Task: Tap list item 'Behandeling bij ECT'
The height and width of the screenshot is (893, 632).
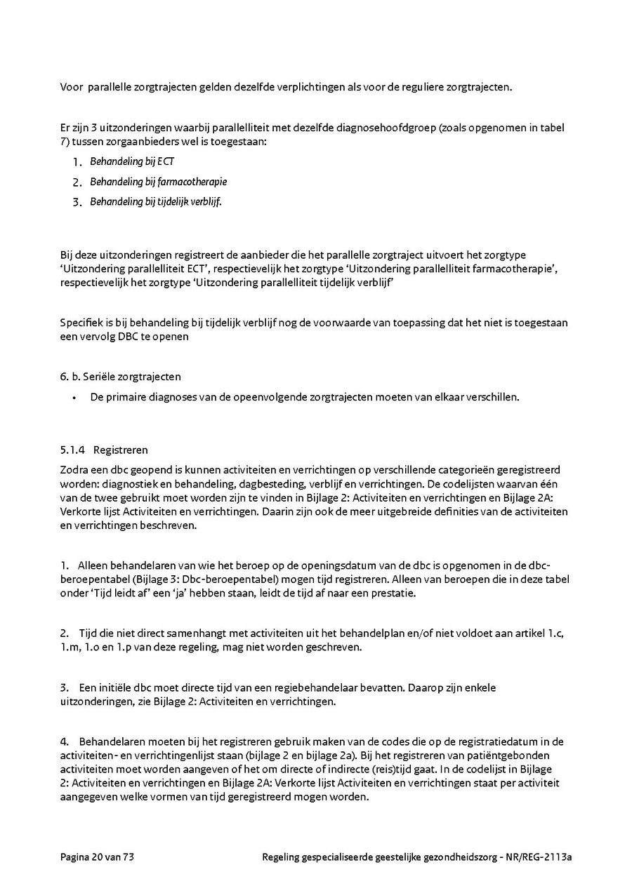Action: click(132, 162)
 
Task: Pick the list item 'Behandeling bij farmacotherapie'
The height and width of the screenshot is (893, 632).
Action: click(158, 182)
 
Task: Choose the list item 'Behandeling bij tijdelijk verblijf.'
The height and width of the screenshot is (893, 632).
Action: click(156, 202)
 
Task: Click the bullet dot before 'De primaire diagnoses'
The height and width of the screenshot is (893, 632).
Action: click(74, 397)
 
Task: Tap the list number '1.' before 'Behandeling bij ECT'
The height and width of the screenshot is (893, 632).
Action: click(77, 162)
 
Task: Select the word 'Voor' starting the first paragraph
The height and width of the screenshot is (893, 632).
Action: click(71, 88)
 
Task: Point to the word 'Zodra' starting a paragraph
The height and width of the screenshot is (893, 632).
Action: click(73, 470)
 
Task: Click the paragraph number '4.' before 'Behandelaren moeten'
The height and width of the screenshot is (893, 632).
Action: click(65, 741)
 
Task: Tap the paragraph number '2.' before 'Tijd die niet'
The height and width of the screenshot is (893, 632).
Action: click(65, 633)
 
